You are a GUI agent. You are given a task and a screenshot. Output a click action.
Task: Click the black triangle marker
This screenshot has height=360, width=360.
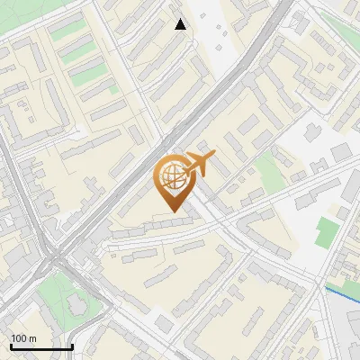click(x=181, y=24)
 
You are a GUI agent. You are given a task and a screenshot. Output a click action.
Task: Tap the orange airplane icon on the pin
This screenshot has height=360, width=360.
click(x=197, y=166)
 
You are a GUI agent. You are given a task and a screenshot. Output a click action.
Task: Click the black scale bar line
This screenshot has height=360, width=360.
click(x=41, y=347)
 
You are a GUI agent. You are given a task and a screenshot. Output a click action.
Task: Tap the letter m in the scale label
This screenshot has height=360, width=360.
click(x=32, y=339)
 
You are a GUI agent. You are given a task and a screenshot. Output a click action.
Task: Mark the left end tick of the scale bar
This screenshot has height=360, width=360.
click(x=11, y=346)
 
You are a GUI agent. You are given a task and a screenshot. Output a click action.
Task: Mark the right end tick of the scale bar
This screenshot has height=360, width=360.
click(x=72, y=346)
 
